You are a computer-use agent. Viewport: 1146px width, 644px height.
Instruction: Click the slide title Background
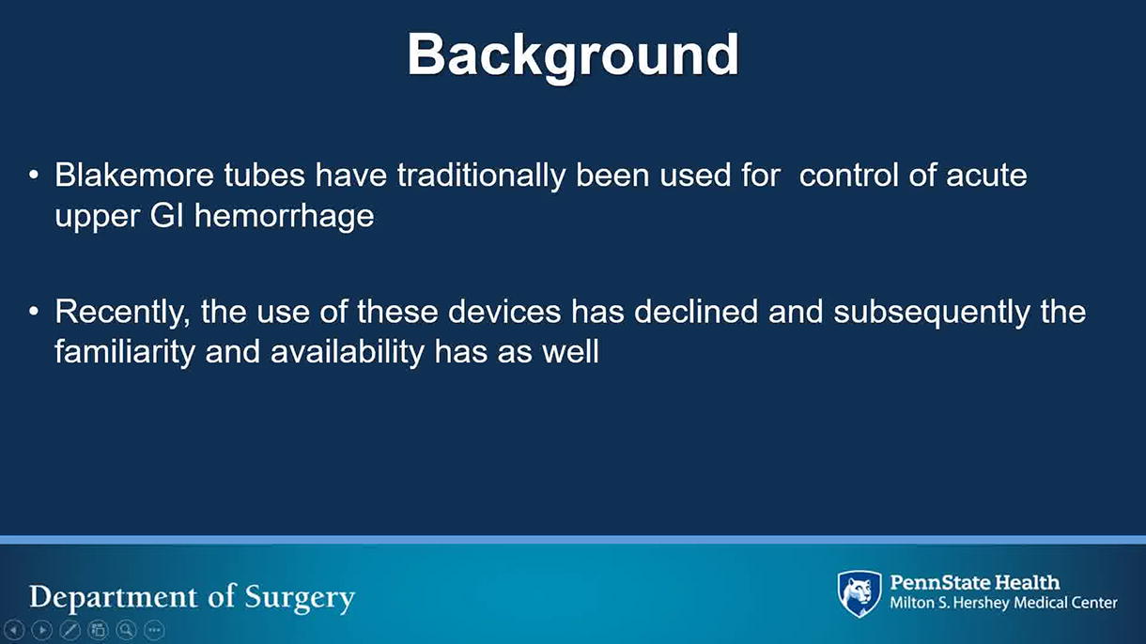pos(573,55)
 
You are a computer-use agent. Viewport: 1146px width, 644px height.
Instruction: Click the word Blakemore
pos(134,175)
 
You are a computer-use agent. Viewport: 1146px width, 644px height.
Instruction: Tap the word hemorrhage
pos(284,217)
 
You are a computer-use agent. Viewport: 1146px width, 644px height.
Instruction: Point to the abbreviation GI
pos(166,216)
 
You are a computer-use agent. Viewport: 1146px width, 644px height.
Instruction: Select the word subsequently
pos(932,313)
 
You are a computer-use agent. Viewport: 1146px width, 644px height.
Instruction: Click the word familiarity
pos(125,353)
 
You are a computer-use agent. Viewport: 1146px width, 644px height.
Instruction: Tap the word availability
pos(348,353)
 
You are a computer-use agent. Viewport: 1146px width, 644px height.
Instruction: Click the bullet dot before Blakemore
pos(34,176)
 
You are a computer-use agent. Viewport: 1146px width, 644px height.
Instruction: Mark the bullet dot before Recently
pos(34,312)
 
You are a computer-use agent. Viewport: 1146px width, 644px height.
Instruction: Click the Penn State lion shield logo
pos(859,594)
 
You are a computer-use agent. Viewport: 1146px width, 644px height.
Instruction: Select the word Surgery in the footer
pos(300,598)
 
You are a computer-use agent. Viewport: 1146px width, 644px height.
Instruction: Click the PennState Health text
pos(975,583)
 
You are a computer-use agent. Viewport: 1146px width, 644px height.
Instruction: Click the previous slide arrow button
pos(14,630)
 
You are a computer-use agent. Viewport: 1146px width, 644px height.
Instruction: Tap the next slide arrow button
pos(42,630)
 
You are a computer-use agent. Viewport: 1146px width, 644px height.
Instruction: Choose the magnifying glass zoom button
pos(127,630)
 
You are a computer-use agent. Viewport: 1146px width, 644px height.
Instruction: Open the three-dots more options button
pos(154,630)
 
